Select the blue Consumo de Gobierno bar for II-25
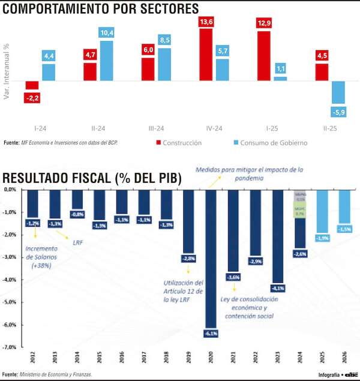(338, 92)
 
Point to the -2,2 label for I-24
(32, 97)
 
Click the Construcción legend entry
(178, 143)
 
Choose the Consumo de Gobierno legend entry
(269, 143)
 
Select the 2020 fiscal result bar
(211, 258)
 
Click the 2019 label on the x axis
(189, 358)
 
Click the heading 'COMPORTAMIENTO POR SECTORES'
(101, 8)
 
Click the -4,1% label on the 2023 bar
(278, 288)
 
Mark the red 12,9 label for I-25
(263, 23)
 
